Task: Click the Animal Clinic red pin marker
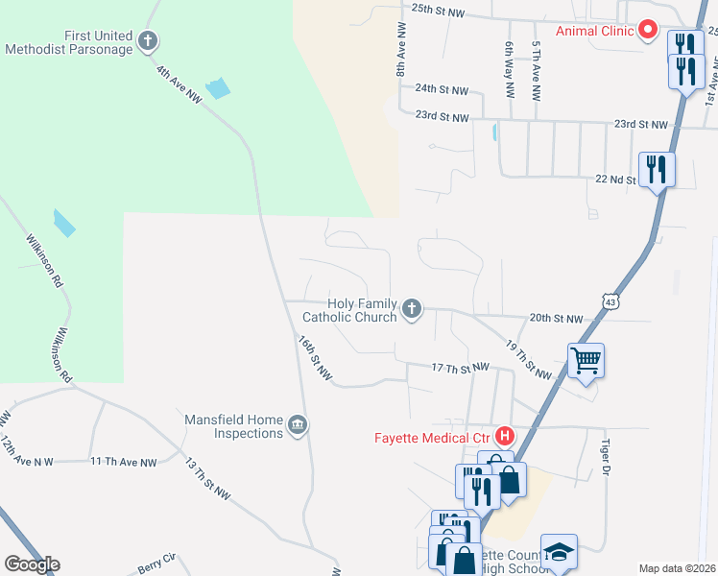[647, 31]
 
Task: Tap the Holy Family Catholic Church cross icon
[412, 308]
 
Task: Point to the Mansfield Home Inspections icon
[298, 424]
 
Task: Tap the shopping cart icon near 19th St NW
[586, 361]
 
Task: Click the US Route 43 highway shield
[611, 301]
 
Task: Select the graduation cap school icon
[559, 552]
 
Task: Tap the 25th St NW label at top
[438, 8]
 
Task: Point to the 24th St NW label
[442, 89]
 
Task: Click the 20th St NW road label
[556, 319]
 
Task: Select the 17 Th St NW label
[461, 368]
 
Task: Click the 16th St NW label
[314, 359]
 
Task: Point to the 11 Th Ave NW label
[124, 462]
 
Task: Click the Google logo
[32, 564]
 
